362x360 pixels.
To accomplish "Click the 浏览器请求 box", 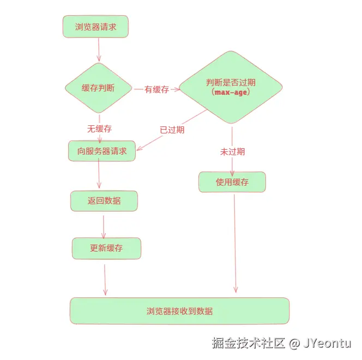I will pyautogui.click(x=95, y=27).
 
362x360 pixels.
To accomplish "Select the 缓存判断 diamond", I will pyautogui.click(x=98, y=88).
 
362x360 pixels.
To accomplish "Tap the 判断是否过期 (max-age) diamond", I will pyautogui.click(x=231, y=87).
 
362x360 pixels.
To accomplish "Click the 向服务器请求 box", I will pyautogui.click(x=102, y=151).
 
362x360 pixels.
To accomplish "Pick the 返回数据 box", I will pyautogui.click(x=104, y=200).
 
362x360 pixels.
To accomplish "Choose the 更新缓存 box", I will pyautogui.click(x=106, y=248).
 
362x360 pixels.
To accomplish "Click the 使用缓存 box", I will pyautogui.click(x=232, y=182).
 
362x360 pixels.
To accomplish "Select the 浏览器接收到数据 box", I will pyautogui.click(x=179, y=311).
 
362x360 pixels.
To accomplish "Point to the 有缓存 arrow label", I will pyautogui.click(x=156, y=89).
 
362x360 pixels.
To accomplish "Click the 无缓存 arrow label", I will pyautogui.click(x=99, y=129).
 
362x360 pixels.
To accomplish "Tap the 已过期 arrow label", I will pyautogui.click(x=172, y=130).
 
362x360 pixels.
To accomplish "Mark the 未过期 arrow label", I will pyautogui.click(x=232, y=151).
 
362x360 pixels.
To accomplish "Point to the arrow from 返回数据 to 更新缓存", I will pyautogui.click(x=104, y=225).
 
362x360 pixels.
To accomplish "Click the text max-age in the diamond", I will pyautogui.click(x=231, y=93).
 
